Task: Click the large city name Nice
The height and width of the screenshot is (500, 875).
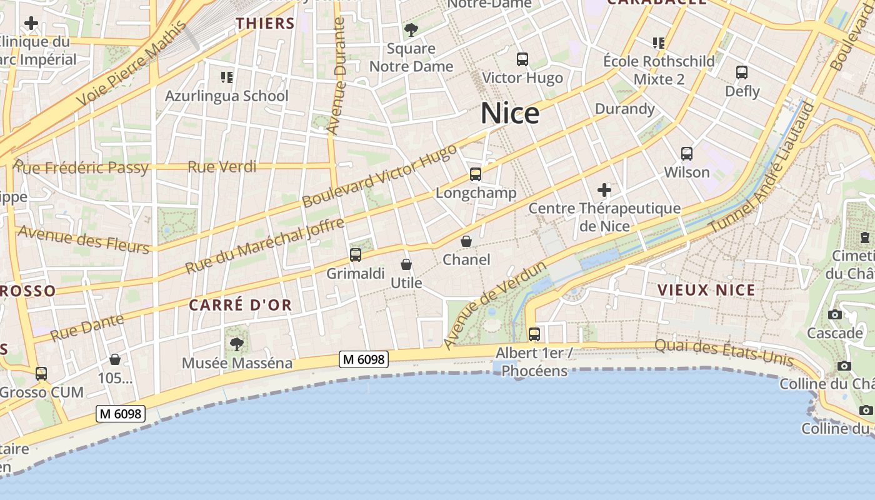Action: tap(509, 114)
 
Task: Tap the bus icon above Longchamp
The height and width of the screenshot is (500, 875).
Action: tap(476, 174)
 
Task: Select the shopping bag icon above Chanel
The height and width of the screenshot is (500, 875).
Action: tap(466, 241)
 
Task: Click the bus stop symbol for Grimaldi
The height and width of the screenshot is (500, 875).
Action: tap(356, 254)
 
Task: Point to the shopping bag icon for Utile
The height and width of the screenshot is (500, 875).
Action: tap(406, 264)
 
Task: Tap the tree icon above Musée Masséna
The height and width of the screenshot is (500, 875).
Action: tap(237, 343)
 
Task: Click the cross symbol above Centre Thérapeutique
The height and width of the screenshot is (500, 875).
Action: tap(604, 189)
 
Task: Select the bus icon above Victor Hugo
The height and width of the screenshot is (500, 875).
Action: tap(522, 59)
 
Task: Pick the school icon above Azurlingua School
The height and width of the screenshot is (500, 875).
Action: tap(227, 77)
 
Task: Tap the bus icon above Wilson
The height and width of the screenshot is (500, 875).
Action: tap(687, 153)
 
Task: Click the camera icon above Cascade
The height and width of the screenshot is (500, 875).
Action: tap(834, 314)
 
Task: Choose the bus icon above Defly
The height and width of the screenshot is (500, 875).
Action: tap(742, 72)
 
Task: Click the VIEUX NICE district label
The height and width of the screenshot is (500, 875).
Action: tap(706, 290)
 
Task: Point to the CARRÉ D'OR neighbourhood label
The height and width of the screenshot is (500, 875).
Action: tap(240, 305)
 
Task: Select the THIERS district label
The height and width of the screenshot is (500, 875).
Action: tap(265, 24)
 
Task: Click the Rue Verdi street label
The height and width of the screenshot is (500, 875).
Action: tap(222, 167)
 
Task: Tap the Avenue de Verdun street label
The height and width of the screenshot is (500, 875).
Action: tap(495, 305)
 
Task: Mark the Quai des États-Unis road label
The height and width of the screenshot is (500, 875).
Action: tap(724, 352)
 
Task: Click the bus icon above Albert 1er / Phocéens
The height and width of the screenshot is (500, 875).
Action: tap(534, 334)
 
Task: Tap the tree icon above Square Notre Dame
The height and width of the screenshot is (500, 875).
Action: tap(411, 29)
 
